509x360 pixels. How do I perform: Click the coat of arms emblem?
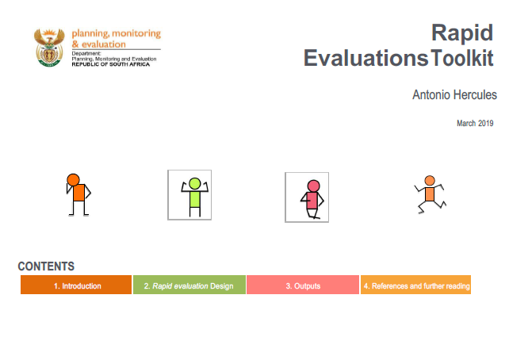[x=49, y=48]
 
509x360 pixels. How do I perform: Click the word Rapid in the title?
[x=462, y=34]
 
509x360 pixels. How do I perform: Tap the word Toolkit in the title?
[x=462, y=58]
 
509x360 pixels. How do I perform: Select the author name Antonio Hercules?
[x=454, y=95]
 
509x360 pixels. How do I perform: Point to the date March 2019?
[x=475, y=124]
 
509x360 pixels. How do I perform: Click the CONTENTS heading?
[x=46, y=266]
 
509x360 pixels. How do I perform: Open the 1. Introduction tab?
[x=76, y=285]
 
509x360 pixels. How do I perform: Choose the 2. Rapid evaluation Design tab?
[x=189, y=285]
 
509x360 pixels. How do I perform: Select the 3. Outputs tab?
[x=303, y=285]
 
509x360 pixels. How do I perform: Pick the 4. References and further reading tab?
[x=415, y=285]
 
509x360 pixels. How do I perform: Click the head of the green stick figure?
[x=195, y=183]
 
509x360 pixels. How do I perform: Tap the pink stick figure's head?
[x=313, y=186]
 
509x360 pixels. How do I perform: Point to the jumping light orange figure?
[x=430, y=194]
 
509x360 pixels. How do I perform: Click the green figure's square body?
[x=195, y=199]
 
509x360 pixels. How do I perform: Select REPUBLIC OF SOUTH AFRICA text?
[x=111, y=64]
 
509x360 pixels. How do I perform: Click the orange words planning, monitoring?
[x=117, y=33]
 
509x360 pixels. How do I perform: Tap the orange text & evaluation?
[x=98, y=44]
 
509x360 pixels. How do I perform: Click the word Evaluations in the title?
[x=365, y=58]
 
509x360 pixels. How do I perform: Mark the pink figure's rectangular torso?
[x=312, y=201]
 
